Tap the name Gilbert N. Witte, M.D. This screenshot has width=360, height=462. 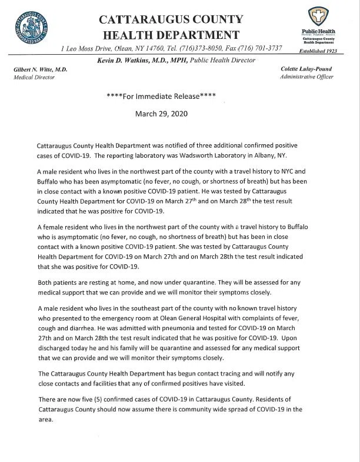(x=40, y=69)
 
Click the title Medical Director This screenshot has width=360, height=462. (x=34, y=77)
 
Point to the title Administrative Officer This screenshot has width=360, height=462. (x=307, y=77)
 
